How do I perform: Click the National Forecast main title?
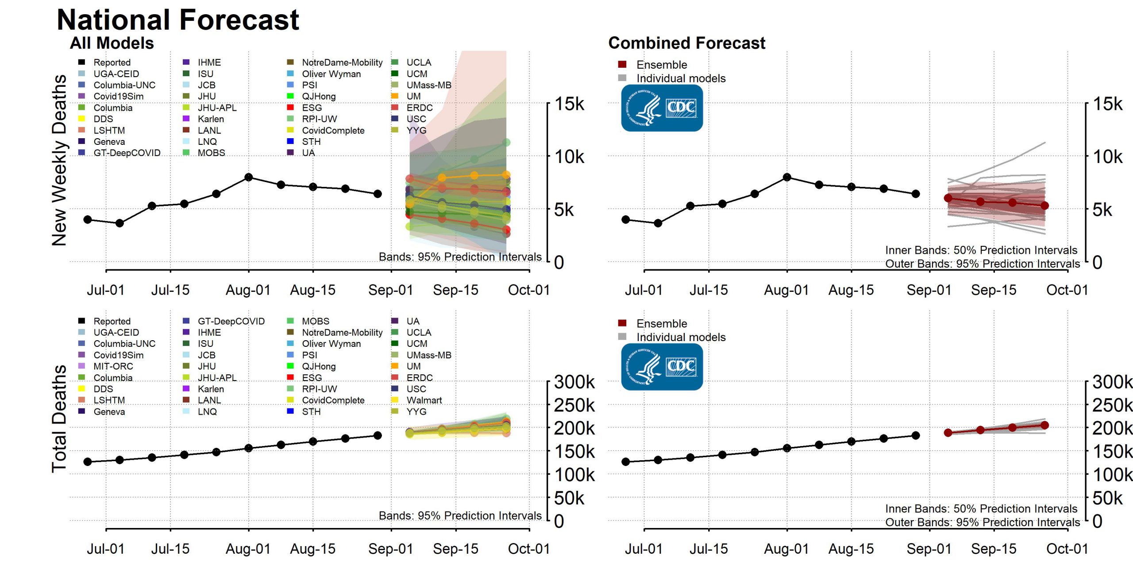(178, 20)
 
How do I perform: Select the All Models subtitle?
(112, 43)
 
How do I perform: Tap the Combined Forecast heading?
(686, 43)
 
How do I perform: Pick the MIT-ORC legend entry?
(113, 366)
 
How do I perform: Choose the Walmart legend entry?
(424, 400)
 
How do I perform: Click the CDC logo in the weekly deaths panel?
(662, 108)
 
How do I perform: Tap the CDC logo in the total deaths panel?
(662, 367)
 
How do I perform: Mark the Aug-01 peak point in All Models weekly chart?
(249, 177)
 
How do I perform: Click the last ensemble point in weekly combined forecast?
(1044, 206)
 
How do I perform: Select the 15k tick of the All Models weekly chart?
(569, 105)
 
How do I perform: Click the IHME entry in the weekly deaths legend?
(209, 62)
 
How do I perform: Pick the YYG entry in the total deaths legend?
(416, 412)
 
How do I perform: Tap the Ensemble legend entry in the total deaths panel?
(661, 324)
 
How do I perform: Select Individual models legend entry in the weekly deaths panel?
(681, 78)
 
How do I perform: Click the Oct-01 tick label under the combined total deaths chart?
(1067, 549)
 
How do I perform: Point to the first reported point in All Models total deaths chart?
(88, 462)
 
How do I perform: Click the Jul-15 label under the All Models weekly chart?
(170, 290)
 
